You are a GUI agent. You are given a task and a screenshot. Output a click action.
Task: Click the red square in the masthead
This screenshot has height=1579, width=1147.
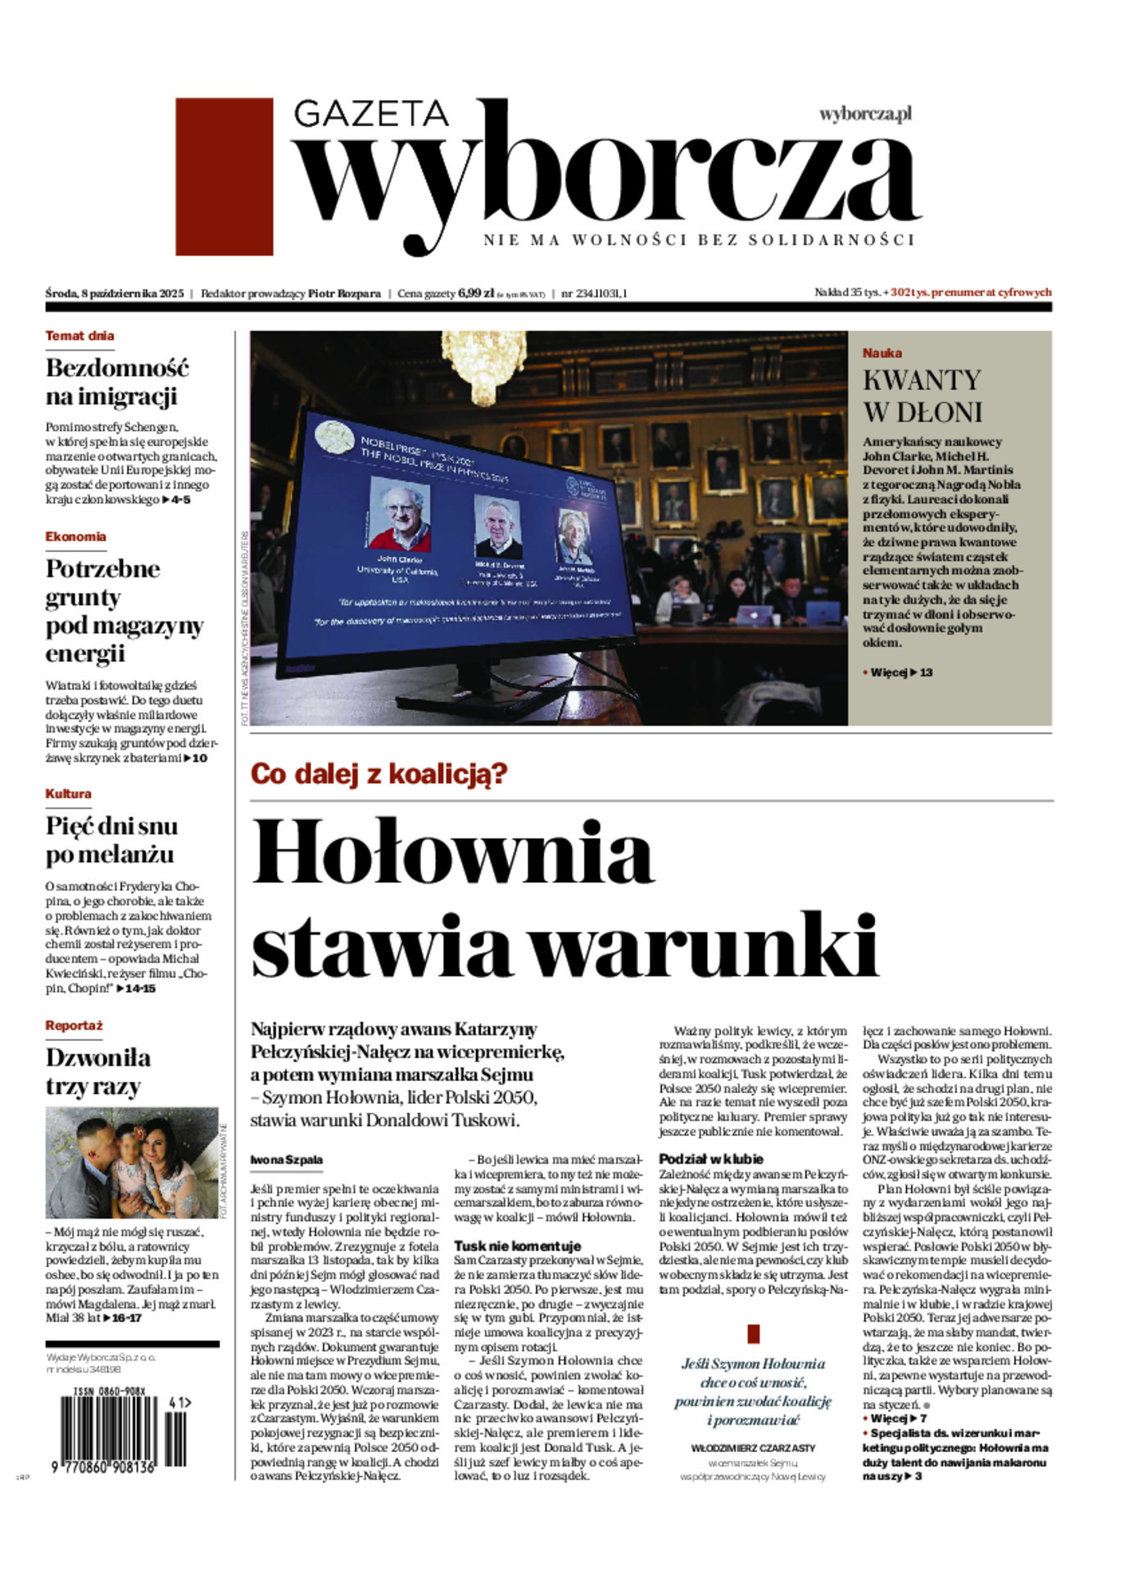(x=224, y=177)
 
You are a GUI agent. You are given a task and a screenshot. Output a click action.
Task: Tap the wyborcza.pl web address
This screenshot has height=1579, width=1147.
(x=865, y=114)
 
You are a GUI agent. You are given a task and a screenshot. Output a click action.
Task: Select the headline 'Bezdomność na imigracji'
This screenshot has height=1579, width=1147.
(x=117, y=382)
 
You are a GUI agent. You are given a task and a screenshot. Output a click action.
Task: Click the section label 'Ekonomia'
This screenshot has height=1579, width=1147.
(x=75, y=536)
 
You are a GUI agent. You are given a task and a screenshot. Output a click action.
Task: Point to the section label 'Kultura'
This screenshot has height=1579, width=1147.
(x=68, y=794)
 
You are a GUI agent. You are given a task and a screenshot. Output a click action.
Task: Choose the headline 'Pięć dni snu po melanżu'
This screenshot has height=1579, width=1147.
(x=111, y=839)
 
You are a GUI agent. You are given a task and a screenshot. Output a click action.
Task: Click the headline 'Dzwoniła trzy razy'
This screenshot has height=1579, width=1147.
(x=98, y=1071)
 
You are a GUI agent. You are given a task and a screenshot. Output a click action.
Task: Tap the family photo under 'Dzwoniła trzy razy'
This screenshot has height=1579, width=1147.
(x=131, y=1164)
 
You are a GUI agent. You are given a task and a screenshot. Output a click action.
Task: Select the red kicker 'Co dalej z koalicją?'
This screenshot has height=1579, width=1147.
(x=379, y=774)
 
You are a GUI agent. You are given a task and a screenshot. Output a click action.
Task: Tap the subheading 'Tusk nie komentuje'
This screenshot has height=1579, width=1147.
(x=517, y=1246)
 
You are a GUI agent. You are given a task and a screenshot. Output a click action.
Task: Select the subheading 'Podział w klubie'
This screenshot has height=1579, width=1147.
(x=711, y=1159)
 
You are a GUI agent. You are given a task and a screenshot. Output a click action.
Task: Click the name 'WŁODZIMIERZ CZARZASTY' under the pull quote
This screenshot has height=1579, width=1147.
(x=753, y=1448)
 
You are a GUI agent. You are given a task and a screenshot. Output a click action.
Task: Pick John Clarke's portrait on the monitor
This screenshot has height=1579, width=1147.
(x=400, y=514)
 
